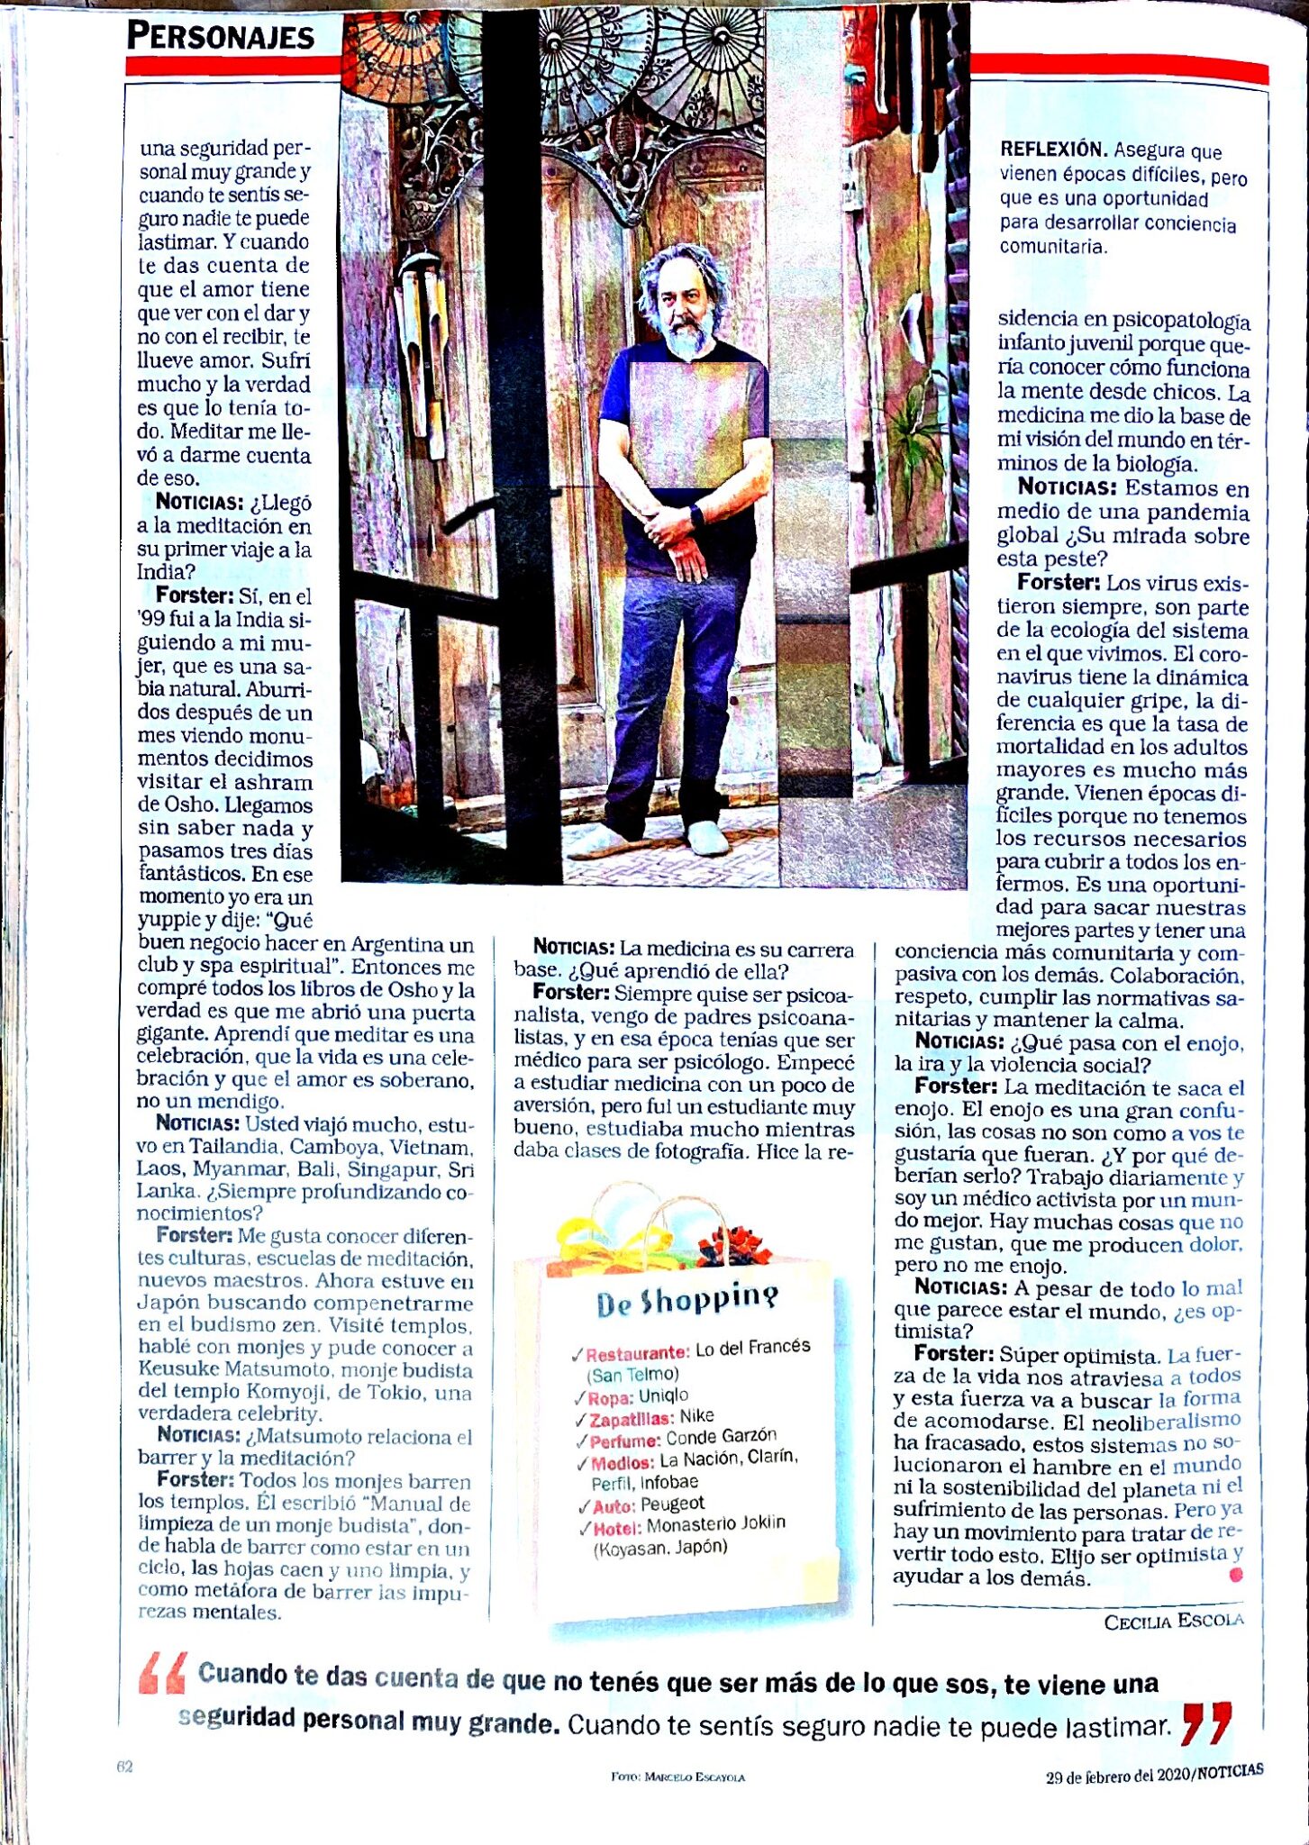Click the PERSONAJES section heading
(221, 36)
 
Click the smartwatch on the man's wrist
(697, 516)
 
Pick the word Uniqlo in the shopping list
(663, 1395)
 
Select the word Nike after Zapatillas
(696, 1416)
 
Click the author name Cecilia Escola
(1174, 1621)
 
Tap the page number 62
(125, 1767)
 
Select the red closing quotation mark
(1206, 1722)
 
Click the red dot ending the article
(1235, 1575)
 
